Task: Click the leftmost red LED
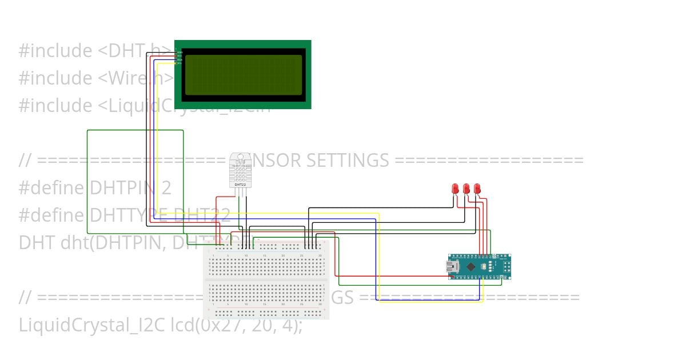pyautogui.click(x=455, y=188)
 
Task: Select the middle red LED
pyautogui.click(x=466, y=188)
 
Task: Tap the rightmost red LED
pyautogui.click(x=477, y=188)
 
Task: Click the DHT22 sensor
pyautogui.click(x=240, y=170)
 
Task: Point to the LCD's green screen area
pyautogui.click(x=242, y=74)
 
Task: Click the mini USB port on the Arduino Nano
pyautogui.click(x=450, y=266)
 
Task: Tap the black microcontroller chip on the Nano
pyautogui.click(x=470, y=266)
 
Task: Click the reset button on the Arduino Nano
pyautogui.click(x=484, y=266)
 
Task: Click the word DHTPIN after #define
pyautogui.click(x=122, y=188)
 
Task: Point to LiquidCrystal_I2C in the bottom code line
pyautogui.click(x=92, y=325)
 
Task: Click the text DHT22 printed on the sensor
pyautogui.click(x=240, y=185)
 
